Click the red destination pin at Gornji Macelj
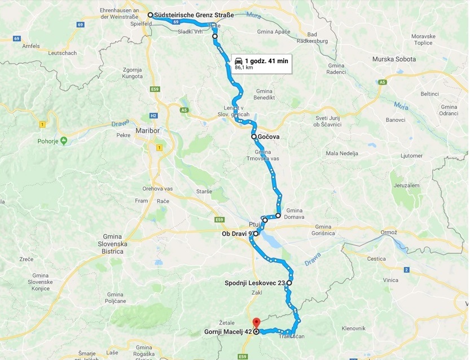click(255, 323)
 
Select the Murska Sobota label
click(394, 59)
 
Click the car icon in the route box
click(239, 60)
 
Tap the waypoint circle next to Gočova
click(254, 137)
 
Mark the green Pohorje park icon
click(64, 140)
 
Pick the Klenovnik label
click(354, 328)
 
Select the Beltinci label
click(429, 94)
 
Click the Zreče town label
click(27, 259)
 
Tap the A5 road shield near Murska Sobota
click(383, 82)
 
